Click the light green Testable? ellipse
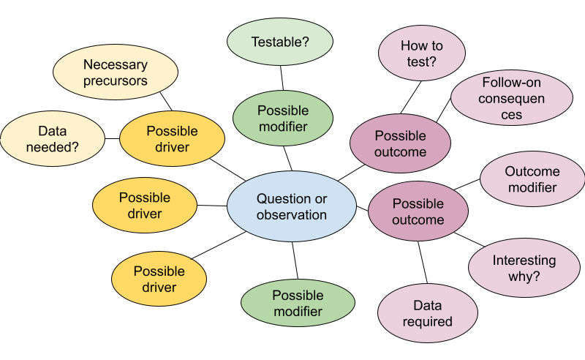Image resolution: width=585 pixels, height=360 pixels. point(280,41)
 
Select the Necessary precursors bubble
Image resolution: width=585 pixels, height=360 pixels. point(116,73)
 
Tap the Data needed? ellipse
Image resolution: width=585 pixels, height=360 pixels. point(52,139)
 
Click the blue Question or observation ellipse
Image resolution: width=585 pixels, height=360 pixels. point(291,206)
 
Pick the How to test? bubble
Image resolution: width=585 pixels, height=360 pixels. point(422,54)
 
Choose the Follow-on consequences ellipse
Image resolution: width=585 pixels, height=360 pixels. point(511,98)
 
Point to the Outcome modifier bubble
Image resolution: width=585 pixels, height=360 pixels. point(532,179)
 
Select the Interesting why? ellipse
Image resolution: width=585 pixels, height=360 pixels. point(524,269)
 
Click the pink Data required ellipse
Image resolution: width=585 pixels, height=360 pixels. point(427,313)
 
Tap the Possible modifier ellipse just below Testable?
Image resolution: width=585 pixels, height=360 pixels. point(283,119)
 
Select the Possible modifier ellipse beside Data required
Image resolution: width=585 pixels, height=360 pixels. point(298,303)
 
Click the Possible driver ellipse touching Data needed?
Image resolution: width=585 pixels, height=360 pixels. point(172,139)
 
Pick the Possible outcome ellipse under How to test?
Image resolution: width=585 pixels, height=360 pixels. point(400,143)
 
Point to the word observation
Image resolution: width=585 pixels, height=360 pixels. point(291,215)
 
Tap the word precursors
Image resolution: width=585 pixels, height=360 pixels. point(116,81)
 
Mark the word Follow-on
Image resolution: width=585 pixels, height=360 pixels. point(511,82)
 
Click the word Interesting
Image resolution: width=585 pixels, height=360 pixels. point(524,260)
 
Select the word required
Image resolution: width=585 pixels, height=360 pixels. point(427,321)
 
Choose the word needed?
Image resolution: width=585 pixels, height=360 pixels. point(52,147)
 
